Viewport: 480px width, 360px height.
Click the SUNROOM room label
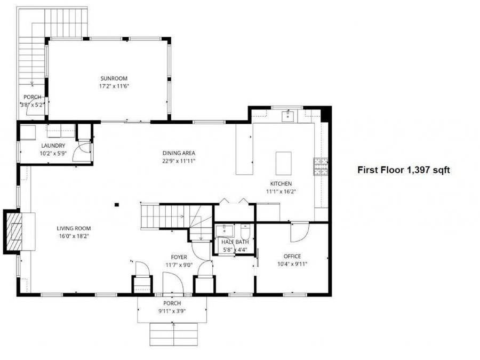tap(114, 78)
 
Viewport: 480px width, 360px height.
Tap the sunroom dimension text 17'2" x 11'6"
tap(114, 86)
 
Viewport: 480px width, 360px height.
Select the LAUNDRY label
tap(53, 146)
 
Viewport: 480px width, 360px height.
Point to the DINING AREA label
tap(179, 153)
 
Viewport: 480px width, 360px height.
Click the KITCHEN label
tap(281, 183)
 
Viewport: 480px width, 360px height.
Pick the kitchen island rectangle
tap(284, 163)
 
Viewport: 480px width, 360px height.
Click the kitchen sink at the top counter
tap(288, 116)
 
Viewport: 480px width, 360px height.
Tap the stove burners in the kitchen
tap(321, 166)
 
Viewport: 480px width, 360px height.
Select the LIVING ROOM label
tap(74, 228)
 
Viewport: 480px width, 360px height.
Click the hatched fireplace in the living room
tap(14, 231)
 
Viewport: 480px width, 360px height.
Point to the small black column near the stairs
tap(117, 205)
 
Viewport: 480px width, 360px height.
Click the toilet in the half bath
tap(245, 232)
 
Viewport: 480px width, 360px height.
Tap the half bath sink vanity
tap(225, 231)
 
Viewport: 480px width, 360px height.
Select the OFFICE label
tap(292, 256)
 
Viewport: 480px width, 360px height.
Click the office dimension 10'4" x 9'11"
tap(292, 264)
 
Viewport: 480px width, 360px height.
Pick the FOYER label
tap(179, 257)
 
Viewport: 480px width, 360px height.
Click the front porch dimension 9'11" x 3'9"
tap(172, 311)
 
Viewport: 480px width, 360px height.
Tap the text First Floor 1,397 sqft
tap(404, 170)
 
